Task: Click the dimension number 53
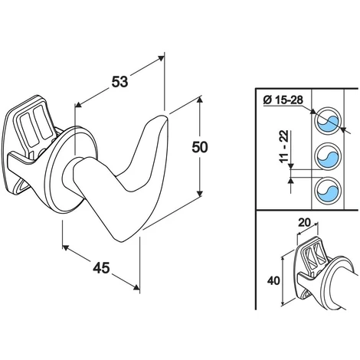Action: coord(119,82)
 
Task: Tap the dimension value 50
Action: coord(200,147)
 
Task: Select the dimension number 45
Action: coord(101,268)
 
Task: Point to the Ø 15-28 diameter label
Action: coord(283,100)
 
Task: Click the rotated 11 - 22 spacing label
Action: coord(283,146)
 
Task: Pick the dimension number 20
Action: coord(304,223)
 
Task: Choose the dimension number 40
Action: coord(273,281)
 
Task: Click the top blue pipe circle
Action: coord(328,120)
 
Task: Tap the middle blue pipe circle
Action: coord(328,157)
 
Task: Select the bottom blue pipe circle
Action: coord(328,191)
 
